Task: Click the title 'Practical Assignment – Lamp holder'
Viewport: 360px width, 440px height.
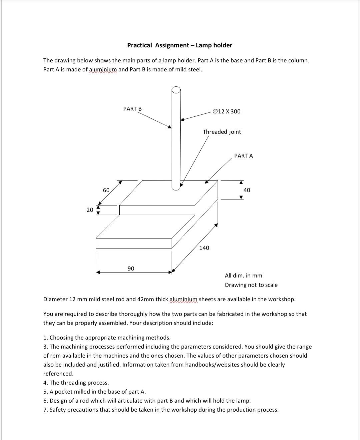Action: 180,45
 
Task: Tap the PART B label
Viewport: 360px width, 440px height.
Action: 132,109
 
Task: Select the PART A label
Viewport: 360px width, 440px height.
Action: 243,156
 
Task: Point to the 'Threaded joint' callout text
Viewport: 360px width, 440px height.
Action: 222,132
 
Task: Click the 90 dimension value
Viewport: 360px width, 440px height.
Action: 131,269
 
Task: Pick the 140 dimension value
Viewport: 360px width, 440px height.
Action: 204,248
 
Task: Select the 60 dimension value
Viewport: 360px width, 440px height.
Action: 106,190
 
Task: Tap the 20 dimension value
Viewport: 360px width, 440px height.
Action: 90,210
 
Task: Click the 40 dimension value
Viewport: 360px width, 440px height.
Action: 247,190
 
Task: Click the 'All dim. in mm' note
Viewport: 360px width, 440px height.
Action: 243,276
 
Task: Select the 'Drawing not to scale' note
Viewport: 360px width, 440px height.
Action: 251,285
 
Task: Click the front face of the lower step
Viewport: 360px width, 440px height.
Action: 134,244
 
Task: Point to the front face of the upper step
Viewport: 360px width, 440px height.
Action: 157,210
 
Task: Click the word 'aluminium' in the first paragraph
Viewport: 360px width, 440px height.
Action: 103,69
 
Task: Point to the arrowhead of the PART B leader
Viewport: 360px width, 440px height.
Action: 170,127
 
